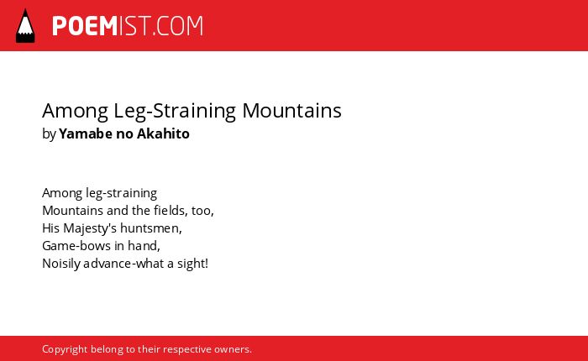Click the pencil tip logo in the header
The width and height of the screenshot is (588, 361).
tap(25, 25)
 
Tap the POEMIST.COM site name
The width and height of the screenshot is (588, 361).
tap(128, 26)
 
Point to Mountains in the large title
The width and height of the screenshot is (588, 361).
tap(291, 111)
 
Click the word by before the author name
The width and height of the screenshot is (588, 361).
tap(49, 133)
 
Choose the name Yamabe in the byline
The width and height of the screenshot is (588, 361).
tap(86, 133)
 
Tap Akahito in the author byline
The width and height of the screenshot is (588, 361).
tap(163, 133)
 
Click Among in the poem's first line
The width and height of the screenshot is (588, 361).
tap(62, 193)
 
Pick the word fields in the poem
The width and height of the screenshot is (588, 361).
tap(170, 210)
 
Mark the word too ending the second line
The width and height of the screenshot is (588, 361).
tap(202, 211)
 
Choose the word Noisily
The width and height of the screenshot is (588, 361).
tap(61, 264)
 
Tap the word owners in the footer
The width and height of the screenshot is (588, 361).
tap(233, 350)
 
